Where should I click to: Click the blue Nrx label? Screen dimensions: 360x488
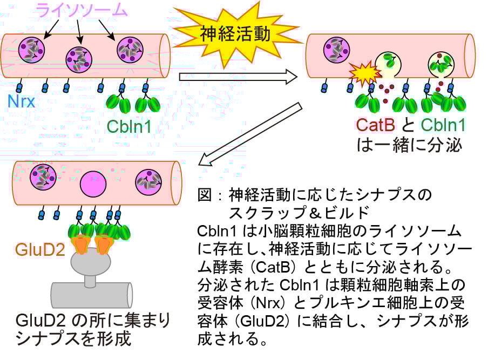click(x=21, y=101)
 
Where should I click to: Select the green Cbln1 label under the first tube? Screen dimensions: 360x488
click(x=129, y=126)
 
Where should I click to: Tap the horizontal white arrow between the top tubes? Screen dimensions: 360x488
click(x=238, y=77)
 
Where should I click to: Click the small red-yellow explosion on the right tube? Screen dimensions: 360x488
click(x=361, y=71)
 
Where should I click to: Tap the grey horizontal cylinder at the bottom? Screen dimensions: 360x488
click(x=92, y=295)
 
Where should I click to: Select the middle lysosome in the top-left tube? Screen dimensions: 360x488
click(x=79, y=59)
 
